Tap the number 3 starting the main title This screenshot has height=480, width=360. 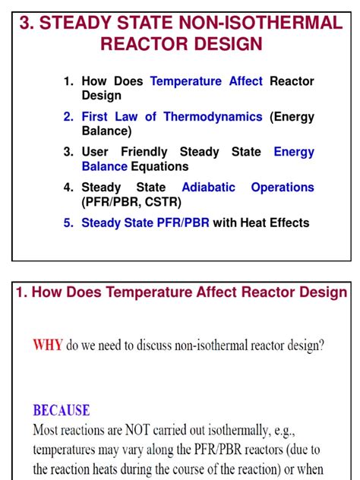pos(27,23)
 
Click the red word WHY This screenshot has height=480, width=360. pos(48,346)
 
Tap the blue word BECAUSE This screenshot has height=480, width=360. pos(61,411)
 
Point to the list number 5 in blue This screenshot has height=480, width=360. pos(68,223)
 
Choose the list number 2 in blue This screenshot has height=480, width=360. pos(68,116)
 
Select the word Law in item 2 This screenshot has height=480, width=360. pos(127,116)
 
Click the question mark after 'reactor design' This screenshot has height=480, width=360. pos(321,346)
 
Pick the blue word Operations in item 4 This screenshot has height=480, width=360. pos(283,187)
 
